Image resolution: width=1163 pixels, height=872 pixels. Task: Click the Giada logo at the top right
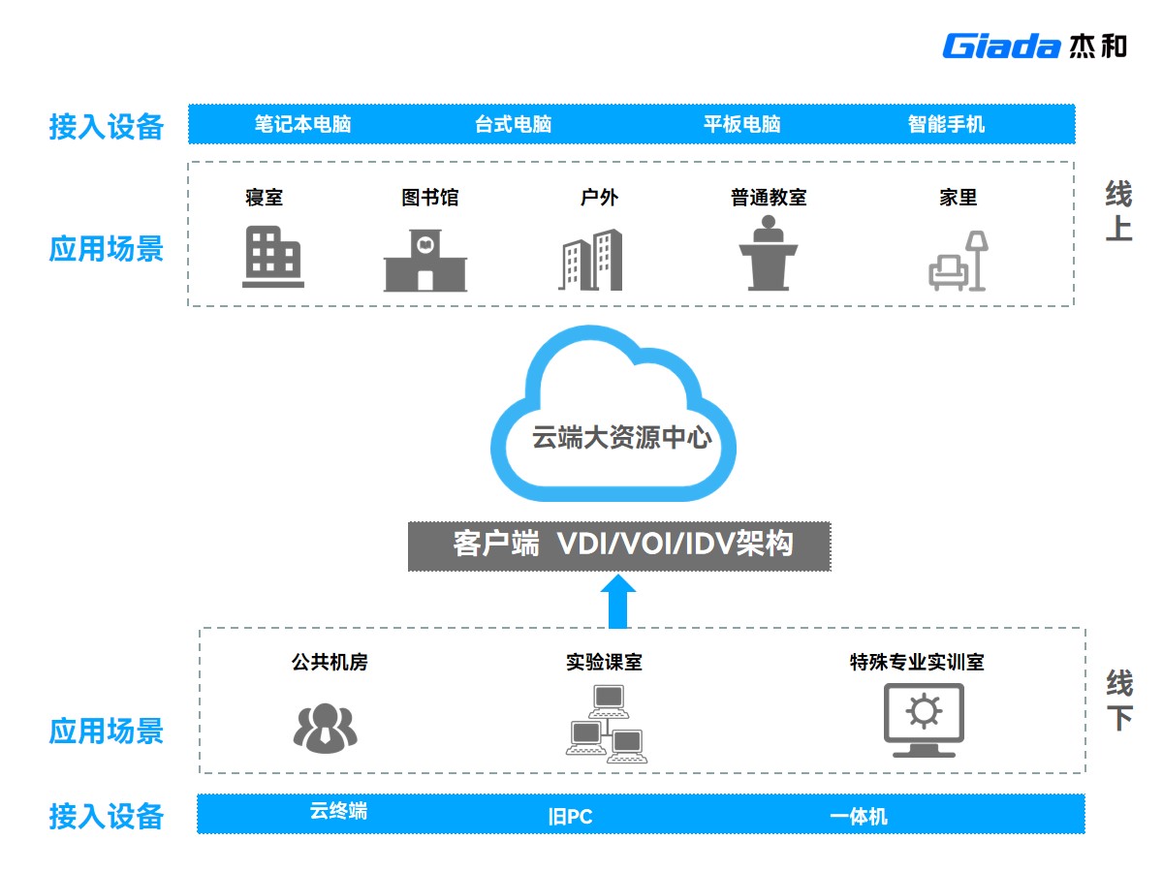click(1034, 46)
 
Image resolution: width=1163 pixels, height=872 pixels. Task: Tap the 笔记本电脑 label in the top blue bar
click(302, 124)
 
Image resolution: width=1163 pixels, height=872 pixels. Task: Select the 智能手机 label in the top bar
click(946, 124)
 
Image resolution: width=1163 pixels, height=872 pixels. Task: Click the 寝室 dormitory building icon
click(272, 258)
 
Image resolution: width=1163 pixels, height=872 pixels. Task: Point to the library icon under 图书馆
click(425, 261)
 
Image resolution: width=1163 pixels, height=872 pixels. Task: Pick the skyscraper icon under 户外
click(589, 260)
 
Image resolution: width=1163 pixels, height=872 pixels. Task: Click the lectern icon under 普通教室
click(769, 253)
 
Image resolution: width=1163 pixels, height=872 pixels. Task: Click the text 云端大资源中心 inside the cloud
click(621, 438)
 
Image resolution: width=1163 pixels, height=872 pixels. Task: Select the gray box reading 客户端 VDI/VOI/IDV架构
click(619, 545)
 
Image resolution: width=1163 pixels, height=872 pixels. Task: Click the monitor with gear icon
click(924, 720)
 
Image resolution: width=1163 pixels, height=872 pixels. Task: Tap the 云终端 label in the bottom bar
click(338, 811)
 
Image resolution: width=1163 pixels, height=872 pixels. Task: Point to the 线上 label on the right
click(1118, 212)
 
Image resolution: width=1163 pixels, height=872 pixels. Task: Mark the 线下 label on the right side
click(1119, 701)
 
